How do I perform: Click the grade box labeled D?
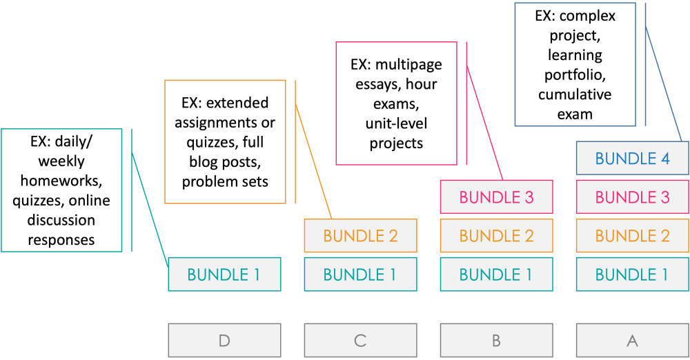tap(224, 340)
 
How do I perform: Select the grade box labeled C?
tap(360, 340)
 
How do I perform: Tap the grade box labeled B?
tap(496, 340)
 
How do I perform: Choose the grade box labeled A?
tap(632, 340)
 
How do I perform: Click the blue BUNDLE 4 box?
tap(632, 159)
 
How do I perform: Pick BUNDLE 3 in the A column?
tap(632, 197)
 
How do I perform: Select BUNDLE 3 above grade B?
tap(496, 197)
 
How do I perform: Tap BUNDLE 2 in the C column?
tap(360, 236)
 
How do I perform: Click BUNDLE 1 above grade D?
tap(224, 274)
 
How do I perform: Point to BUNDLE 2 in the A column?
tap(632, 236)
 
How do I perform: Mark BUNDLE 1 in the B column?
tap(496, 274)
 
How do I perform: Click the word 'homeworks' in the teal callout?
tap(62, 181)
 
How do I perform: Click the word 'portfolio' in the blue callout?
tap(575, 74)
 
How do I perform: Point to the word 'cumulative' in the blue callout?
tap(575, 94)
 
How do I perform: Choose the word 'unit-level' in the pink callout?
tap(397, 124)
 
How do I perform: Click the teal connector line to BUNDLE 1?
tap(150, 207)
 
